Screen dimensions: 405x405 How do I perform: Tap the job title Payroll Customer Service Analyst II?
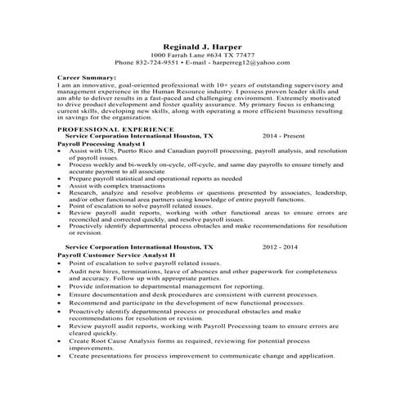point(111,254)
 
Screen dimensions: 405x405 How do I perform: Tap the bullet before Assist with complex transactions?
point(61,186)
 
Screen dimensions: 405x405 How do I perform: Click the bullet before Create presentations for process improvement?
point(61,357)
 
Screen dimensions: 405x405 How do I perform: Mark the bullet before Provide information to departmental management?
point(61,286)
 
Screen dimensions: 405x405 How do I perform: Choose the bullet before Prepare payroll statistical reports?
point(61,178)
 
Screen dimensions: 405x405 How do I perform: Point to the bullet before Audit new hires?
point(61,271)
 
